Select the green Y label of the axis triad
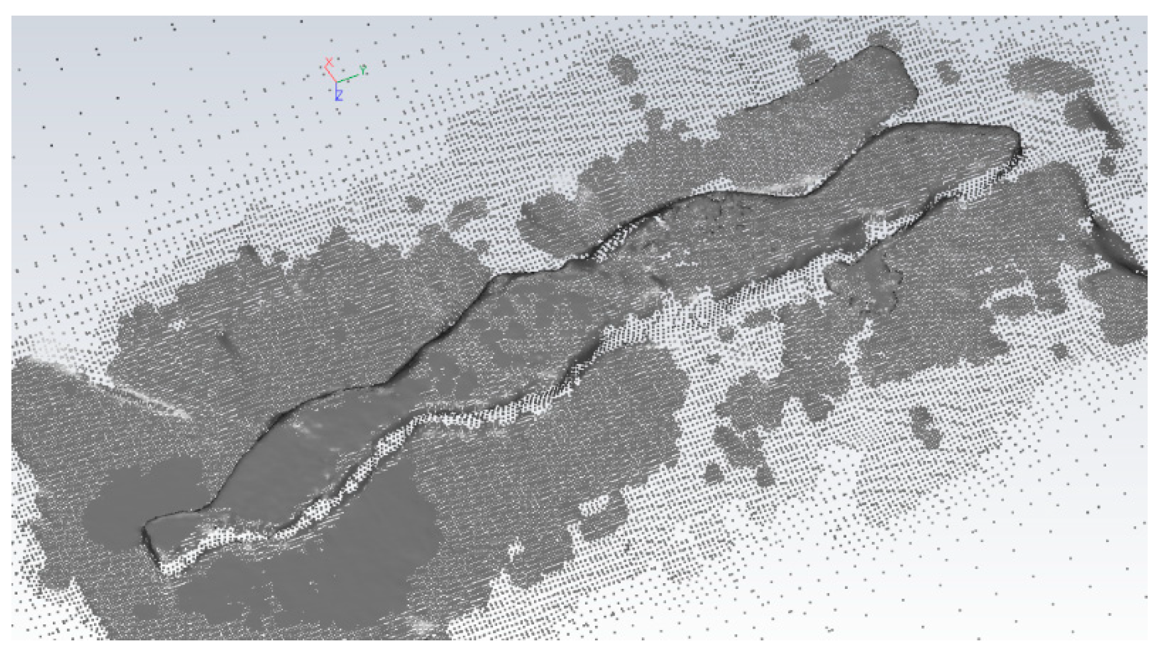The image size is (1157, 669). pyautogui.click(x=363, y=69)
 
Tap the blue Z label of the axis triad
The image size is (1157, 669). pyautogui.click(x=339, y=95)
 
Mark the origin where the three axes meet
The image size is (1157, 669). pyautogui.click(x=336, y=82)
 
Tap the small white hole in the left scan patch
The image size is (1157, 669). pyautogui.click(x=177, y=325)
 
